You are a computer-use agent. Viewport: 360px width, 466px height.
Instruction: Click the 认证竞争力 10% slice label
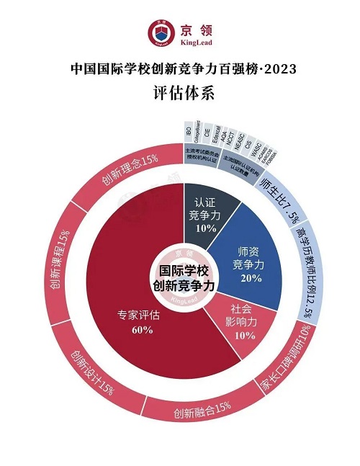[x=205, y=215]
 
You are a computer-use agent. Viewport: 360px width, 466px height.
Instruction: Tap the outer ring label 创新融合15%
[x=202, y=412]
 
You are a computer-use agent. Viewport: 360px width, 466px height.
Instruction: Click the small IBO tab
[x=189, y=135]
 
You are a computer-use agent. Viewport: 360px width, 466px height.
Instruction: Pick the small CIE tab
[x=207, y=135]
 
